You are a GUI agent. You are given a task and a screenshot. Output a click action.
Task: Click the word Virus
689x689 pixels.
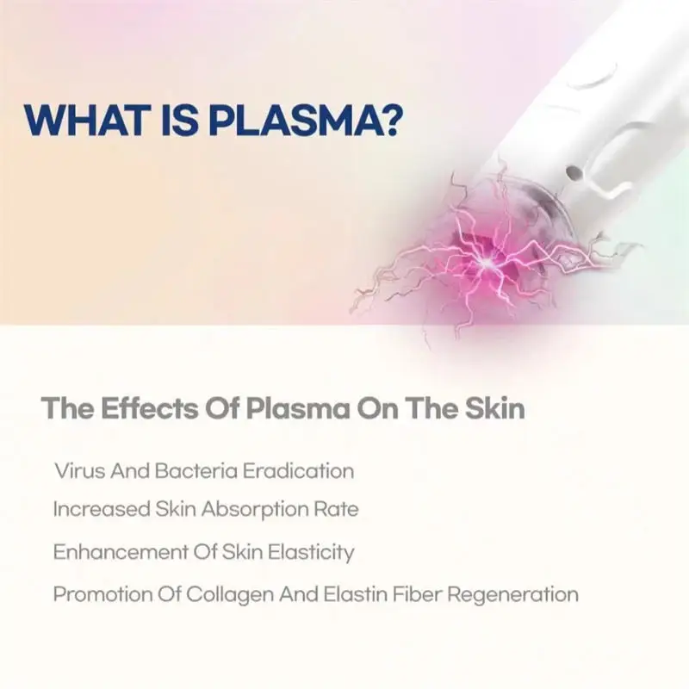click(76, 471)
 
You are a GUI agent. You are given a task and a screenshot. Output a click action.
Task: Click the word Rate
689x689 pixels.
click(337, 509)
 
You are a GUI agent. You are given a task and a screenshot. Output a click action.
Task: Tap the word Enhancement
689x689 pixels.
click(112, 552)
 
